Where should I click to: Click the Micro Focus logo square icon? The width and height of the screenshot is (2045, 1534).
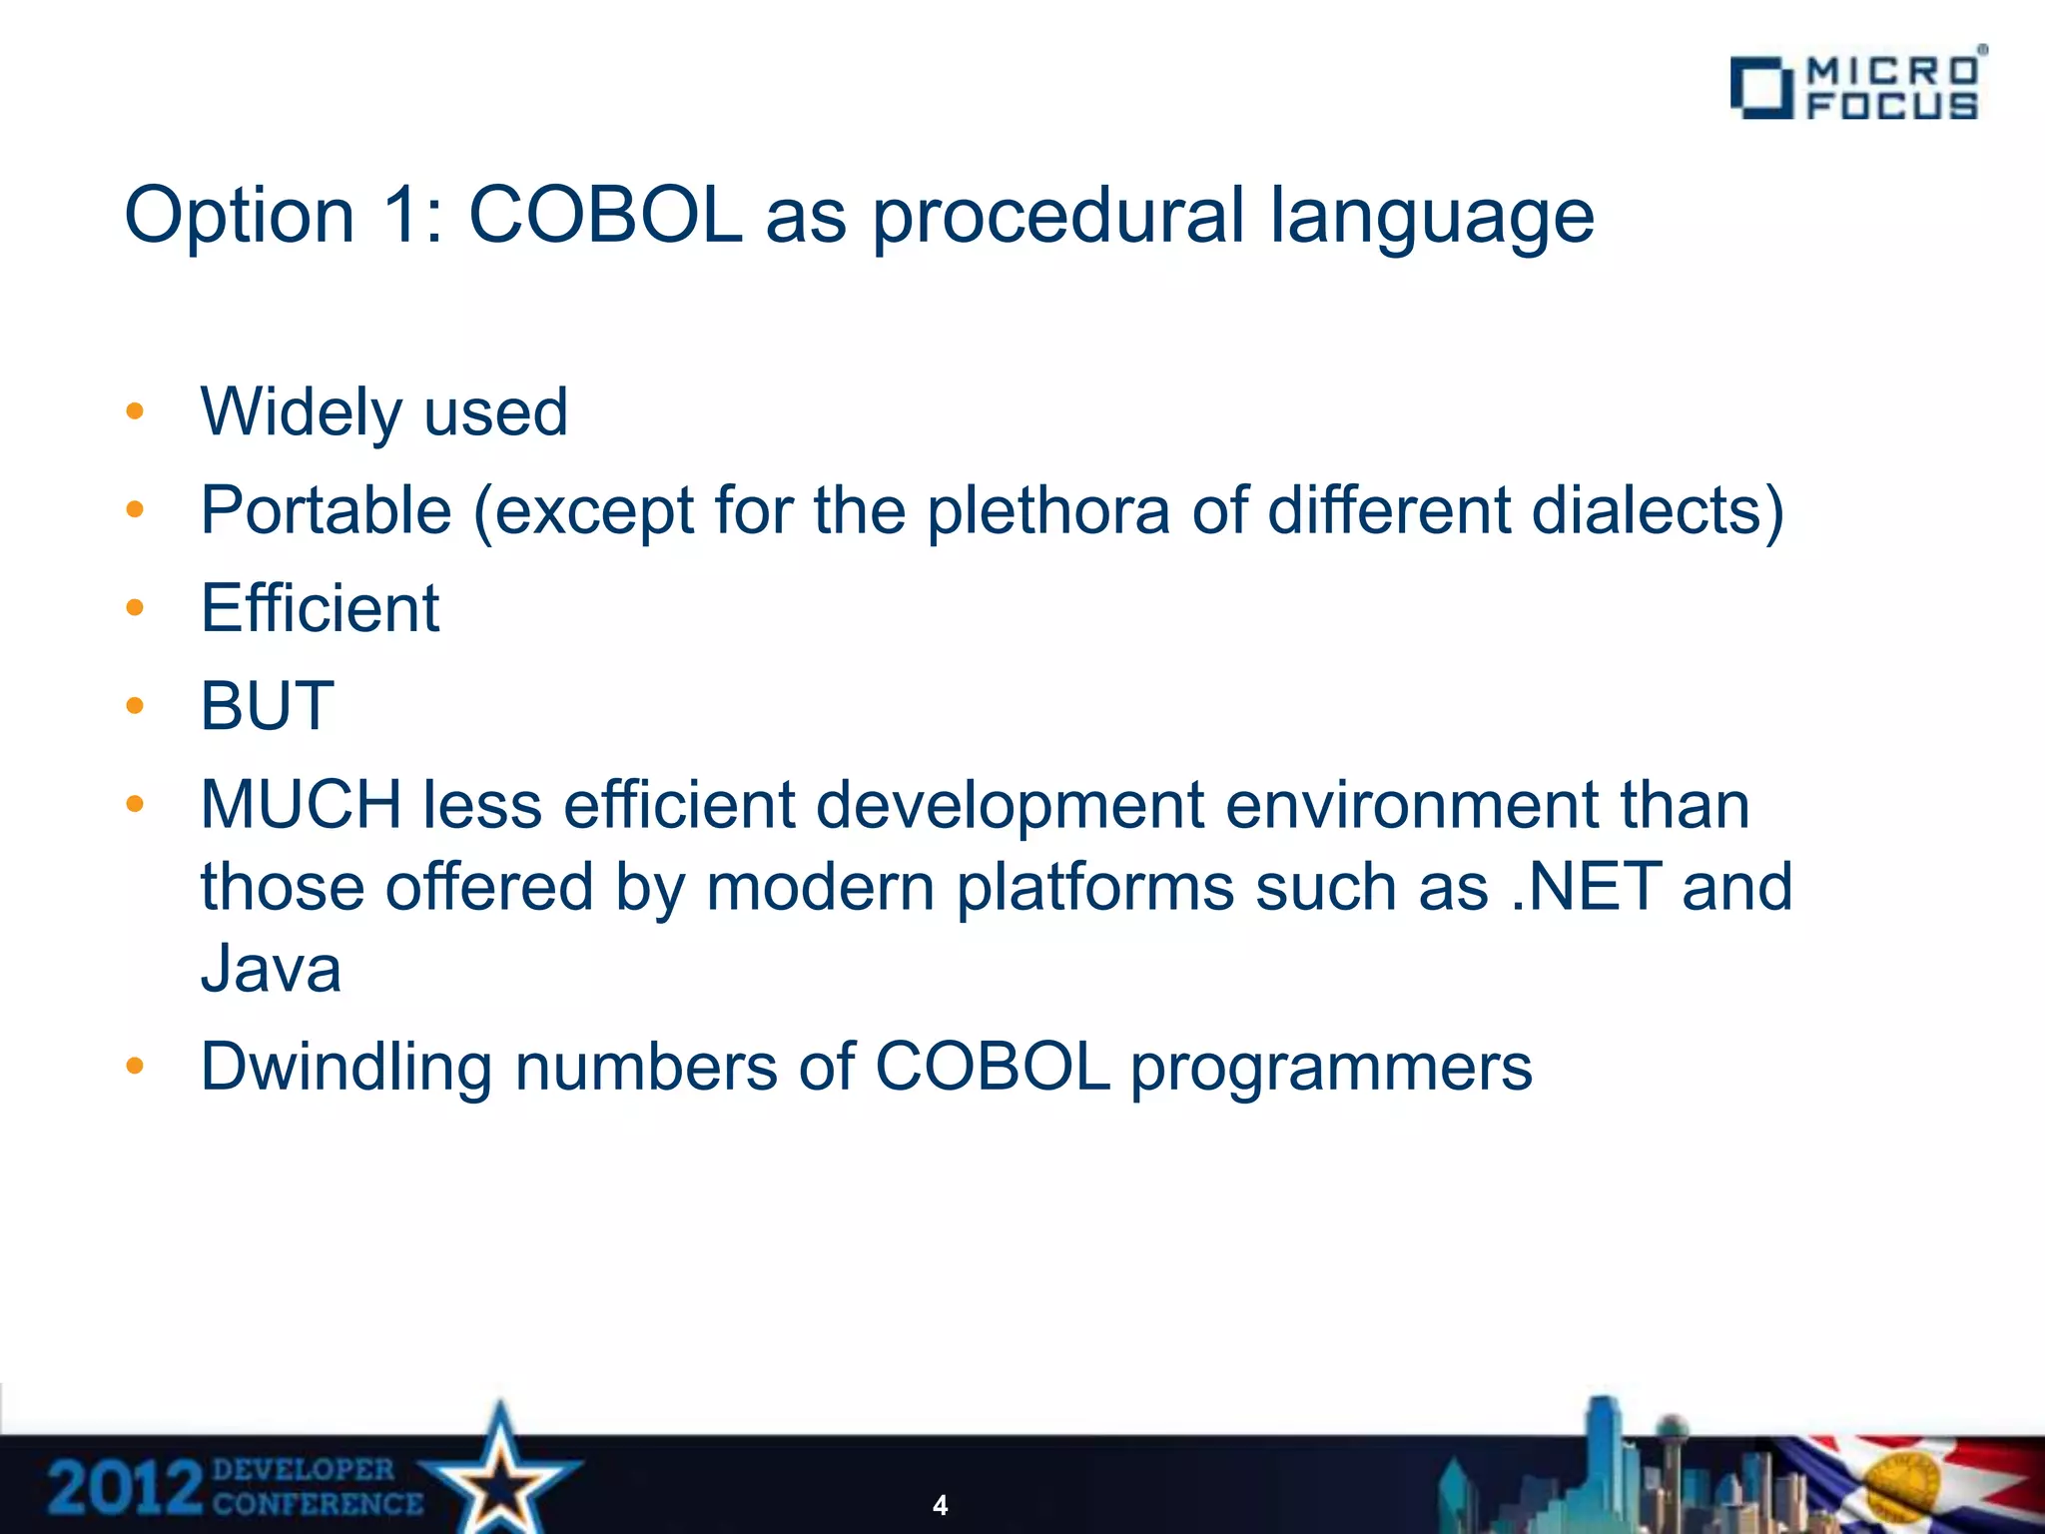click(1760, 88)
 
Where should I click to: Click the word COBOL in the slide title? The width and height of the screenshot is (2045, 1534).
click(606, 216)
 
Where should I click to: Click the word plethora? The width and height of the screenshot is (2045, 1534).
click(1047, 510)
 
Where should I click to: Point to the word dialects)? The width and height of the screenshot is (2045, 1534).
click(1657, 510)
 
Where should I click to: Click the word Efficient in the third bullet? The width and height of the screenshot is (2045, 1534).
click(320, 608)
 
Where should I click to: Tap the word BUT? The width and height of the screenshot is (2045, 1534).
click(267, 706)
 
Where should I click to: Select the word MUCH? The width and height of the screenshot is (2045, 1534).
click(301, 805)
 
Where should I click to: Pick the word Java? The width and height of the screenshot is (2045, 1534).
click(271, 969)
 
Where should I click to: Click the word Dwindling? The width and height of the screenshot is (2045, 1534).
click(346, 1068)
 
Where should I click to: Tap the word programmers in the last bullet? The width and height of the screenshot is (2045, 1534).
click(1331, 1068)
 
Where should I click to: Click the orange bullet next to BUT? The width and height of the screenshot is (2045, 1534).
click(135, 706)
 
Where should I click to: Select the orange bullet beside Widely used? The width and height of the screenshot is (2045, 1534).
click(135, 412)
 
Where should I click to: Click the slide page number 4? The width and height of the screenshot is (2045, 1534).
click(940, 1505)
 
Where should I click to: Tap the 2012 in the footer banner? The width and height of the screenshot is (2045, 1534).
click(125, 1488)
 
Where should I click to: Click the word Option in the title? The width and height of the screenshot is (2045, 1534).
click(240, 216)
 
